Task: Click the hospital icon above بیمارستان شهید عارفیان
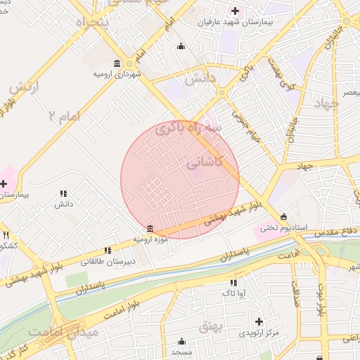tap(235, 11)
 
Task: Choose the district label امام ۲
tap(75, 115)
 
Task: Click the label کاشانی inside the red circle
tap(205, 162)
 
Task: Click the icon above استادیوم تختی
tap(283, 217)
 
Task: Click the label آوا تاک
tap(231, 292)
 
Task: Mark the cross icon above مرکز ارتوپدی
tap(259, 321)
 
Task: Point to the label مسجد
tap(181, 350)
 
